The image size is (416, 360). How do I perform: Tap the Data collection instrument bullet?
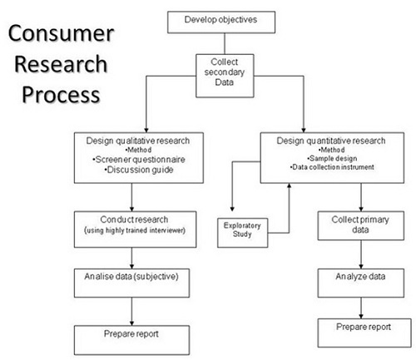click(333, 166)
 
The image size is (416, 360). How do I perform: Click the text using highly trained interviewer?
click(131, 229)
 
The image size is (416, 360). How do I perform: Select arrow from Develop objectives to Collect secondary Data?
click(223, 43)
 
